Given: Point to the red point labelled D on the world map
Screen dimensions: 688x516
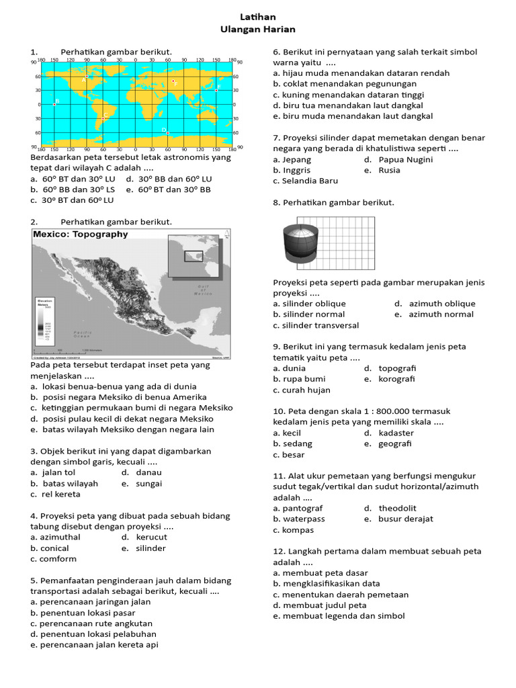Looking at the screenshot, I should pyautogui.click(x=168, y=133).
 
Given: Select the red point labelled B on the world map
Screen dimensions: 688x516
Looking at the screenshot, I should pyautogui.click(x=54, y=104).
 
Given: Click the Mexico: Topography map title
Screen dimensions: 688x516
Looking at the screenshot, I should pyautogui.click(x=81, y=234).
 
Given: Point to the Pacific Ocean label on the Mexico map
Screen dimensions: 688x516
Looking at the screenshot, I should pyautogui.click(x=83, y=333).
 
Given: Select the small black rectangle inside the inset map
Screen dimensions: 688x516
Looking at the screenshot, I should pyautogui.click(x=193, y=255).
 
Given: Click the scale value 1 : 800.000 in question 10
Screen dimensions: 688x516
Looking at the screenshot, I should pyautogui.click(x=361, y=411).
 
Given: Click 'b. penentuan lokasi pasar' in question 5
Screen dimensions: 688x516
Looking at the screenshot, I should pyautogui.click(x=82, y=612).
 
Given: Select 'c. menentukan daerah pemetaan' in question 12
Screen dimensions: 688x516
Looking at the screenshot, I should pyautogui.click(x=341, y=594).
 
